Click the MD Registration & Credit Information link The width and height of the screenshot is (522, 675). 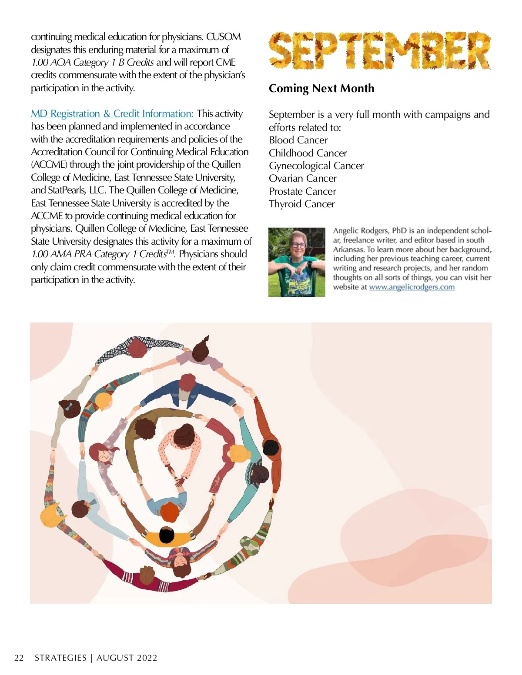tap(112, 114)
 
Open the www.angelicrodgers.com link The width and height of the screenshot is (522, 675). tap(412, 287)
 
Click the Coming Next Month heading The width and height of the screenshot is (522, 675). tap(321, 88)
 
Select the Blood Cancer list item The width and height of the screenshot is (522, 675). tap(298, 140)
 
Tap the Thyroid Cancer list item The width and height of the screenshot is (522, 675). tap(302, 204)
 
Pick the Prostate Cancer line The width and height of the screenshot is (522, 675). tap(302, 191)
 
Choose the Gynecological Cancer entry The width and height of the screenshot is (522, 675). tap(316, 166)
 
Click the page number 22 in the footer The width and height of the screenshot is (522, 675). tap(19, 658)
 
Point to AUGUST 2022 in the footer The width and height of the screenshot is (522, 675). tap(127, 658)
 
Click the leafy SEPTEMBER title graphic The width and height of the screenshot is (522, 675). tap(380, 50)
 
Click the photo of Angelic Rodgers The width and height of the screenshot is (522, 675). tap(297, 262)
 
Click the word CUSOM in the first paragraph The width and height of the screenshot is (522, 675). tap(223, 37)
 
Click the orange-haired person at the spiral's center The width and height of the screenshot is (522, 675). tap(169, 512)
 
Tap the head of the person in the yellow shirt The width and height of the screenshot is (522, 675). tap(167, 535)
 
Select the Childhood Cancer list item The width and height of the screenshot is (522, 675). tap(308, 153)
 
